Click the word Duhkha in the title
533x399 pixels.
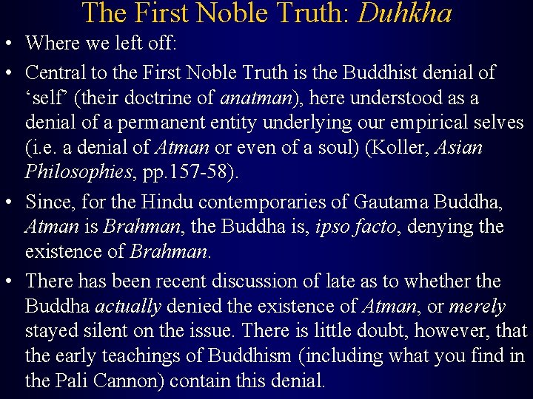click(x=405, y=13)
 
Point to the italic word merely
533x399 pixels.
click(x=477, y=306)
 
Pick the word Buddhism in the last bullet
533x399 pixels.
click(x=249, y=356)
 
